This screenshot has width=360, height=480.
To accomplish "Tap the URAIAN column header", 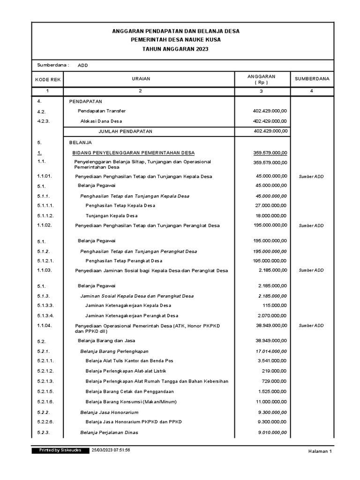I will pos(140,79).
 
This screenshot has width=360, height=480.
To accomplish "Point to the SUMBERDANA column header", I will pos(312,79).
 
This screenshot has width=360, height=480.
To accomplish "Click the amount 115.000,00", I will pos(275,306).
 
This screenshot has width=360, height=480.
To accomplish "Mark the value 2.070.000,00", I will pos(272,315).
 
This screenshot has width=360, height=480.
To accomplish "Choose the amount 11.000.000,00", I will pos(270,402).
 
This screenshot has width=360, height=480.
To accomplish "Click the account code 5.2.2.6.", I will pos(45,422).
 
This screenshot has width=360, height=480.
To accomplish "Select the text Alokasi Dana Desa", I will pos(101,121).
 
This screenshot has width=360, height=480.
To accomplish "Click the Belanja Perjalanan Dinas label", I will pos(109,432).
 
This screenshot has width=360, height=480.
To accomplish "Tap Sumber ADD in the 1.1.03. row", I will pos(311,270).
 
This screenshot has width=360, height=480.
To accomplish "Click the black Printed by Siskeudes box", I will pos(58,450).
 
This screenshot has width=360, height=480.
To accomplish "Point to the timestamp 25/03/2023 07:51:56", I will pos(111,450).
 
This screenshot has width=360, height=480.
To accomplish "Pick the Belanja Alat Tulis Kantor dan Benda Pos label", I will pos(129,361).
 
